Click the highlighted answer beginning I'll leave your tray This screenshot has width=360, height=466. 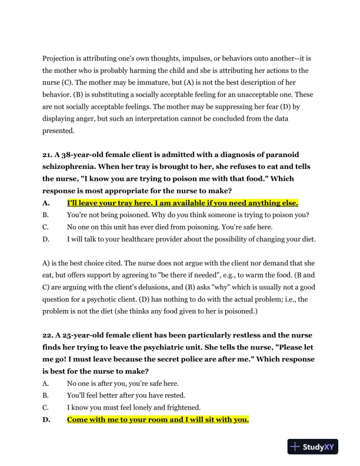pyautogui.click(x=182, y=203)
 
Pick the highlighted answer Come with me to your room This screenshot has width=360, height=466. pyautogui.click(x=158, y=420)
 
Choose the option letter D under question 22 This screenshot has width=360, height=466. pyautogui.click(x=46, y=420)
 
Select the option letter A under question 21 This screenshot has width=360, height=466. pyautogui.click(x=46, y=203)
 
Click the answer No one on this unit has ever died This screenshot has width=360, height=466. pyautogui.click(x=163, y=227)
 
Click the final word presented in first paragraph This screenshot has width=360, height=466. pyautogui.click(x=58, y=131)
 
